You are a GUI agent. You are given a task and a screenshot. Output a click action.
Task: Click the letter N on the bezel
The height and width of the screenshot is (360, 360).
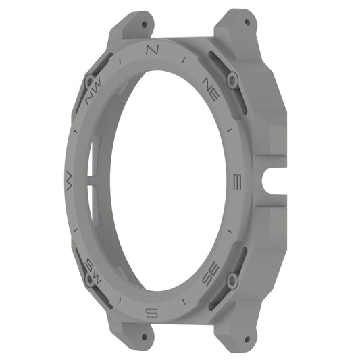[151, 50]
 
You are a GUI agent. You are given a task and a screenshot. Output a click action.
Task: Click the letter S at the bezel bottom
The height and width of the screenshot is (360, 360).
[152, 311]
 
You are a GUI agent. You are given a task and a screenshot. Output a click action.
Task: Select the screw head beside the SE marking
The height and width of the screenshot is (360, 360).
[232, 280]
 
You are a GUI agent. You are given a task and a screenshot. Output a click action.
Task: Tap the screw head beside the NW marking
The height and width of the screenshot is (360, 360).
[87, 77]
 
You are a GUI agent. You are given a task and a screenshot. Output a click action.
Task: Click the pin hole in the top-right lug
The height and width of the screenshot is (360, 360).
[247, 22]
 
